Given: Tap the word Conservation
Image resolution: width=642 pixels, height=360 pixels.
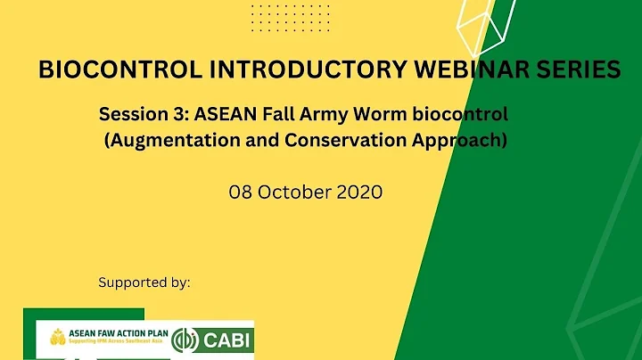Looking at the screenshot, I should (343, 140).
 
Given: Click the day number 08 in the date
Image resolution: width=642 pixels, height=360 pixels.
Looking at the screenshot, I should (243, 192).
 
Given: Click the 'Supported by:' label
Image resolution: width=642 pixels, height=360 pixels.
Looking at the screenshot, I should (144, 282).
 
